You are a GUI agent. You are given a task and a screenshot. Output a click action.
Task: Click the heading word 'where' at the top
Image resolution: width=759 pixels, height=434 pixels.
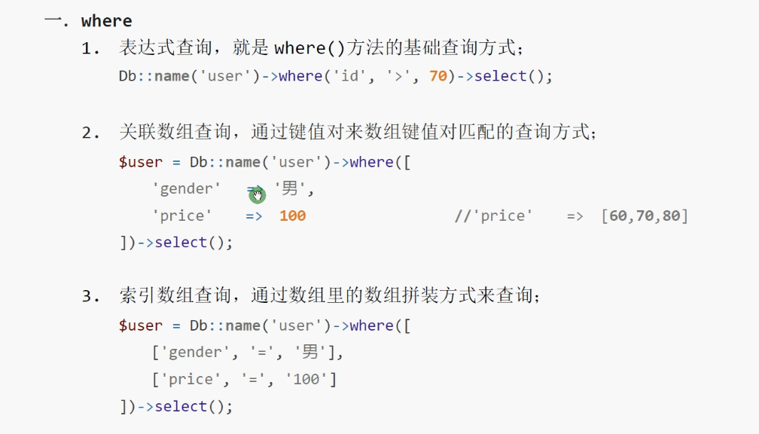106,21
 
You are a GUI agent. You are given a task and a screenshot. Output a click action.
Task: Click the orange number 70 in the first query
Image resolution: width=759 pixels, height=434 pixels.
437,76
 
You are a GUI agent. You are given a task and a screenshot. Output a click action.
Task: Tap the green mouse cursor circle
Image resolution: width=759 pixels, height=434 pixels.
258,196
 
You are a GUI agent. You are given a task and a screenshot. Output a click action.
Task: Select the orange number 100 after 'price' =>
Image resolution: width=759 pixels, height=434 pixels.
292,216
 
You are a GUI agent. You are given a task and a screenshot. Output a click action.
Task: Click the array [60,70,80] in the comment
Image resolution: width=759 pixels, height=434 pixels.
645,216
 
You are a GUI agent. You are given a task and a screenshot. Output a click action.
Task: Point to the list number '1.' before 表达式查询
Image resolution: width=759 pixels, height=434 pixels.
91,49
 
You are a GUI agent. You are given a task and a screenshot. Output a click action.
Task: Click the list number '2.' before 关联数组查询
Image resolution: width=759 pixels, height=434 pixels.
91,133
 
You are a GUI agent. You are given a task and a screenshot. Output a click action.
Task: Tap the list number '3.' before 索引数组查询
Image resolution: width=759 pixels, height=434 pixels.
91,297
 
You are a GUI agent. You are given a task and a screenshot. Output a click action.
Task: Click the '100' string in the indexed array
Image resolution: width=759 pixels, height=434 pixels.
306,380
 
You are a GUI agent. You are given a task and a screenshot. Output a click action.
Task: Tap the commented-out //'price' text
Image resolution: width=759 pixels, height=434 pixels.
494,216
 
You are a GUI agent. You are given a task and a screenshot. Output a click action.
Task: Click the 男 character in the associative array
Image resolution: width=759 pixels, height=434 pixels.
290,189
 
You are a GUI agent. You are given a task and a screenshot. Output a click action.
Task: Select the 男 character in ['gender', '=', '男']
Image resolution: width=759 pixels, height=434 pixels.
310,353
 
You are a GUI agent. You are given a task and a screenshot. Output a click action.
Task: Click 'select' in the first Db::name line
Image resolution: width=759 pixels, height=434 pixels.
501,76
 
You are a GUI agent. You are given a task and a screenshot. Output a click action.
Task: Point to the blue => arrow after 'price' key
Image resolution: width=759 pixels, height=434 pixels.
254,216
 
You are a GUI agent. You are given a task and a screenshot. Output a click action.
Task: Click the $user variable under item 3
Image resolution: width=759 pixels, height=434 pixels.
140,325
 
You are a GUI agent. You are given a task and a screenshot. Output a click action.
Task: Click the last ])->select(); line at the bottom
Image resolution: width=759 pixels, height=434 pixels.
176,407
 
